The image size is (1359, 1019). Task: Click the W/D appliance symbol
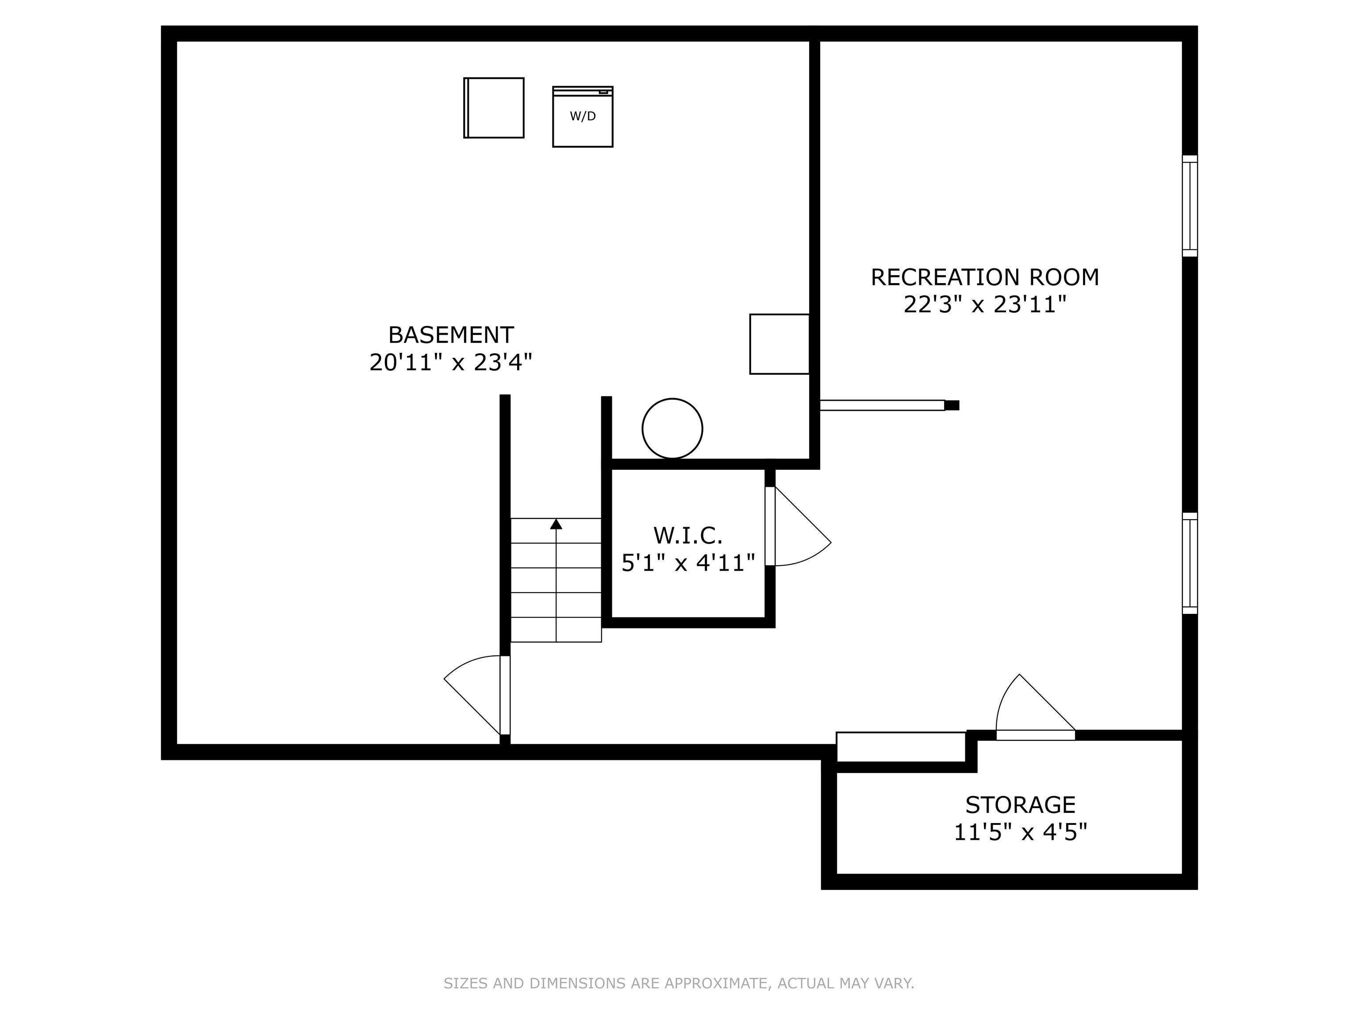click(583, 117)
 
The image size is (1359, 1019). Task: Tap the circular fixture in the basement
click(672, 429)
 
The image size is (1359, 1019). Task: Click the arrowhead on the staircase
click(556, 524)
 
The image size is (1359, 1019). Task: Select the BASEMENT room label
click(451, 335)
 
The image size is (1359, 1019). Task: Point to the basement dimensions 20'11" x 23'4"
click(450, 362)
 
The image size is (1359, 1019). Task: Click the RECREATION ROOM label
click(984, 278)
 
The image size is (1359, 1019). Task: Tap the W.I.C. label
click(687, 536)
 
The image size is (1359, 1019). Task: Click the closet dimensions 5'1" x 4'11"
click(687, 563)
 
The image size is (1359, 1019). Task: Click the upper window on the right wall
click(1190, 206)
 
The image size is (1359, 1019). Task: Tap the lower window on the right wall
click(1190, 563)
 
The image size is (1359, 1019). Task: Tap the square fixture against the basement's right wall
click(779, 344)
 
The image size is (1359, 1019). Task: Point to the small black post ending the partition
click(952, 406)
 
